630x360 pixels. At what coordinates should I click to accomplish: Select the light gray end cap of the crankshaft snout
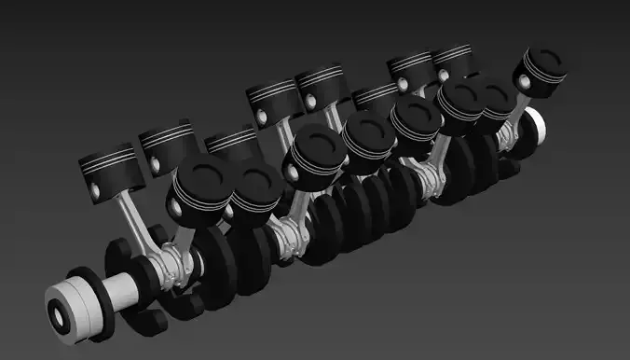coord(63,308)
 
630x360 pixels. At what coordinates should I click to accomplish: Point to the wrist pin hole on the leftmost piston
coord(96,190)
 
